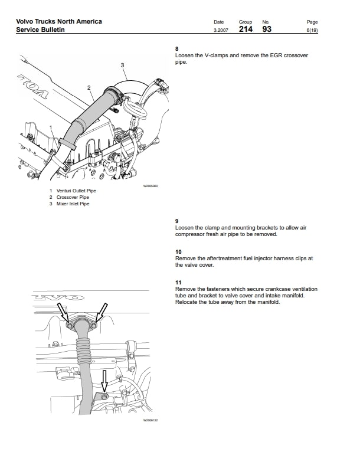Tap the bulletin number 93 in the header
click(267, 29)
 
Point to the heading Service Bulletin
click(40, 30)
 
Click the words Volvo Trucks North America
click(59, 21)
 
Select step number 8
click(177, 48)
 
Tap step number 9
click(177, 221)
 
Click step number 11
click(178, 283)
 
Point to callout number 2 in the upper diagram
click(89, 87)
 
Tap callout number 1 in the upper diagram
click(51, 127)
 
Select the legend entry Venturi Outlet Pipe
click(76, 191)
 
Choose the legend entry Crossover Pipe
click(73, 197)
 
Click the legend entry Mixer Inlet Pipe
click(73, 204)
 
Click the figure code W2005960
click(151, 185)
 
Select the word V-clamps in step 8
click(214, 55)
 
